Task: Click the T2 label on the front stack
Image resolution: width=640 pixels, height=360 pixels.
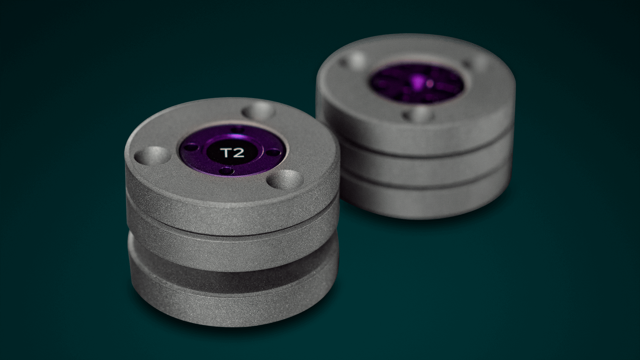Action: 232,153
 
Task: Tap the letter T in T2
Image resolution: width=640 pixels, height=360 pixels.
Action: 226,153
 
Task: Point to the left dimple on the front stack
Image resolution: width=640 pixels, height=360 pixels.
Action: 152,155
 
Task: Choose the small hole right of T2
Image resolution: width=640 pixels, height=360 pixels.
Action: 274,153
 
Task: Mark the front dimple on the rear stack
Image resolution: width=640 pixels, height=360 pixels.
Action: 418,115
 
